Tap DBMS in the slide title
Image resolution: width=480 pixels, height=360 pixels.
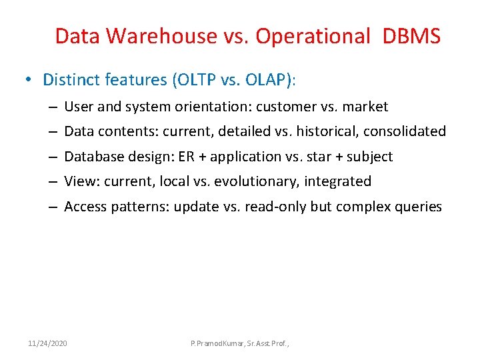tap(411, 36)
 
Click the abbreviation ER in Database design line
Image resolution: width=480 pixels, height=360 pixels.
tap(201, 157)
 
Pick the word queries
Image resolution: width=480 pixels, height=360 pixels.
tap(419, 207)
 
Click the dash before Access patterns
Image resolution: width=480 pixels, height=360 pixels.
tap(51, 207)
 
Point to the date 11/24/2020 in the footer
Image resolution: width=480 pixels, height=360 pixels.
tap(47, 343)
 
